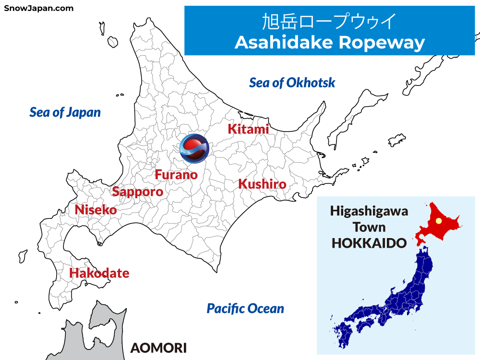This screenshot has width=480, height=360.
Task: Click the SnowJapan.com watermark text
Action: point(39,8)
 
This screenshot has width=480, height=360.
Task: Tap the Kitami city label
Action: point(248,129)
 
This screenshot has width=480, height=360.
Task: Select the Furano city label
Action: point(176,175)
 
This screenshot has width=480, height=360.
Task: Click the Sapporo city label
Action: point(137,192)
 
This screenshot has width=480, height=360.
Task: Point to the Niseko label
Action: point(96,210)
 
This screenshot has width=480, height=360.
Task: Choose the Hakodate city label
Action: point(99,273)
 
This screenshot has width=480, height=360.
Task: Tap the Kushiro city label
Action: point(262,184)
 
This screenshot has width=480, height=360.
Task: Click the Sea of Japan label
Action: point(65,112)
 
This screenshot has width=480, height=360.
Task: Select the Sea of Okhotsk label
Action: point(292,83)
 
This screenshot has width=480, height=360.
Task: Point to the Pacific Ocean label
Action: point(245,309)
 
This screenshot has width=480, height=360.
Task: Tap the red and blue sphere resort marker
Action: point(194,148)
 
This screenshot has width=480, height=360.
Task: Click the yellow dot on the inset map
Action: point(438,221)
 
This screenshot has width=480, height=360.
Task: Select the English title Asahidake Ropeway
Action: point(330,42)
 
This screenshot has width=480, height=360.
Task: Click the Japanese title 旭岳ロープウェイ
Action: point(330,22)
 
